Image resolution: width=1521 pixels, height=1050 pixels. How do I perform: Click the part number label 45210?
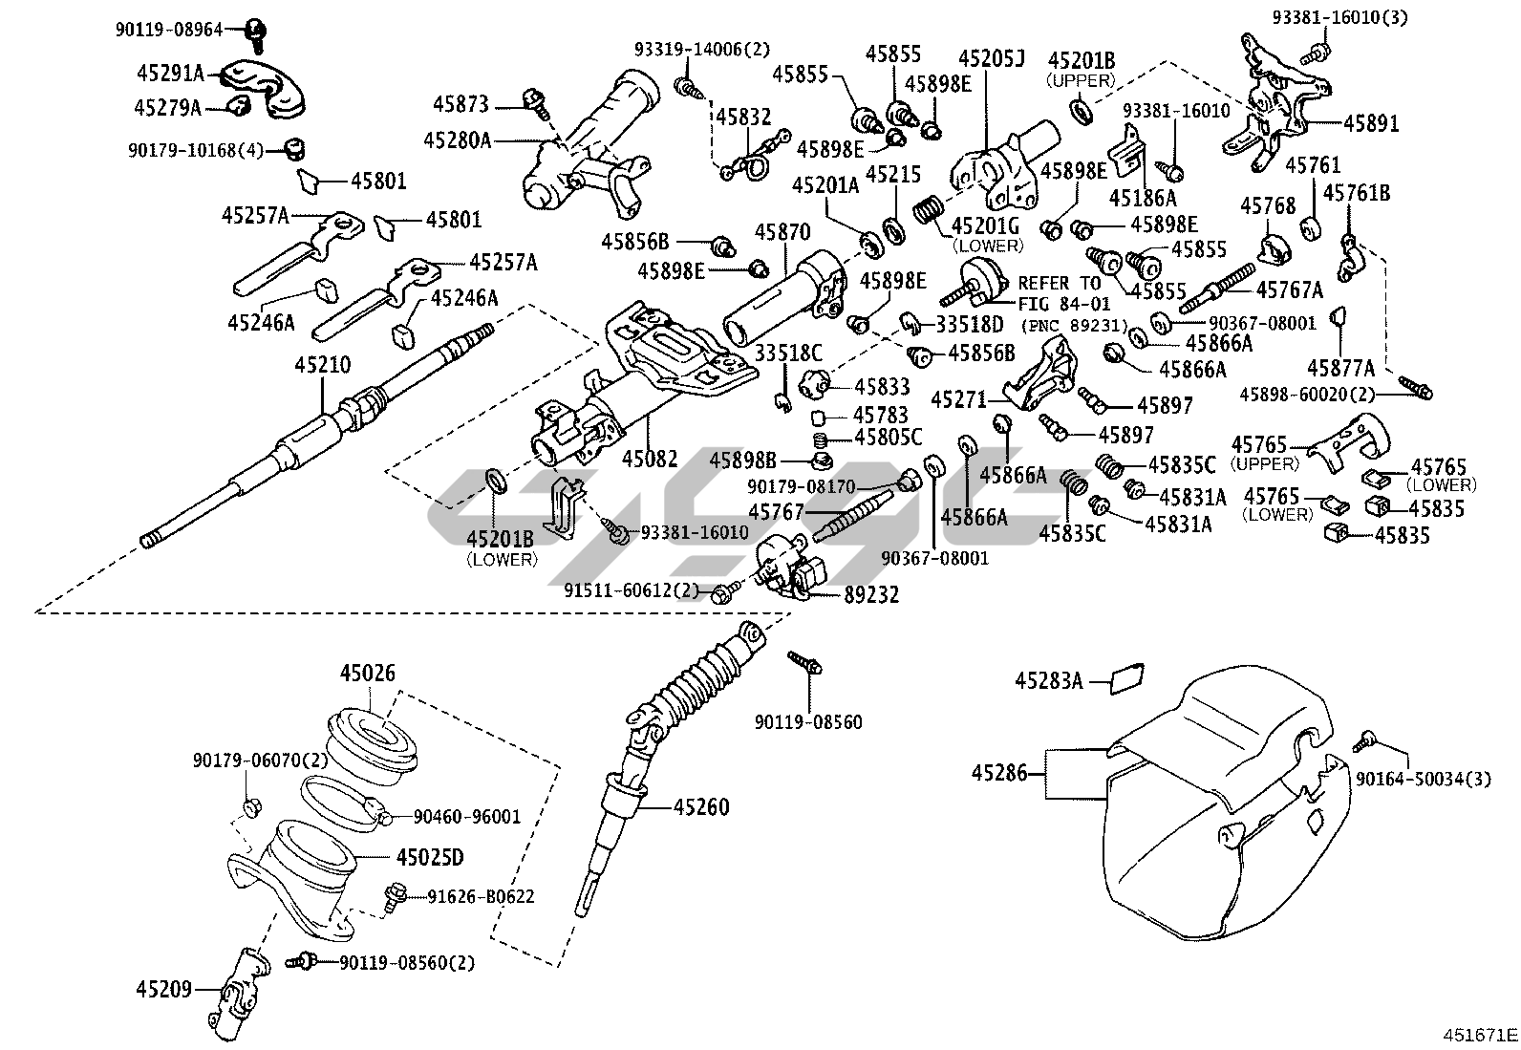322,365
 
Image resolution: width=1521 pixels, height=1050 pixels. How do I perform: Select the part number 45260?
700,808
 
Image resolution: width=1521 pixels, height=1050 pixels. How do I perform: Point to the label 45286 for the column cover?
1000,772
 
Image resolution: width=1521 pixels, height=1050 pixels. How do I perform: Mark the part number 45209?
163,990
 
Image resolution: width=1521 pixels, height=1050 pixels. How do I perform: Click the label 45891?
1371,123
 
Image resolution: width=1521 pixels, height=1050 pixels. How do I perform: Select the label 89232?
870,594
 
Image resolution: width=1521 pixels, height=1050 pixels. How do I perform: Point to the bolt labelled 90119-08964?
255,32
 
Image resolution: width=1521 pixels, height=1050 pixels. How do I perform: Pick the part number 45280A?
457,140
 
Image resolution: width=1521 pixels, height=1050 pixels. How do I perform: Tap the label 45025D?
430,857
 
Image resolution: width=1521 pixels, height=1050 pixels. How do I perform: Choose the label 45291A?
170,74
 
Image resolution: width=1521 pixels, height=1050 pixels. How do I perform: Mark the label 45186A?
1143,199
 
